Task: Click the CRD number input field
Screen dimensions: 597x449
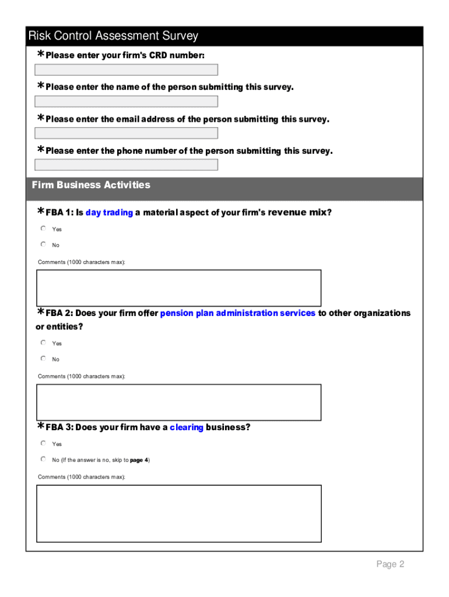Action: [x=126, y=70]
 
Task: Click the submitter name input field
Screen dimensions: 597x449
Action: [x=126, y=101]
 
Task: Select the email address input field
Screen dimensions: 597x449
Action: [x=126, y=133]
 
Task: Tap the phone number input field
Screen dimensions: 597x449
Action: [x=126, y=164]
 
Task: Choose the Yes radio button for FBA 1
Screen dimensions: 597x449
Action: [x=43, y=229]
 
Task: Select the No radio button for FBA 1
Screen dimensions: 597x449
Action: [x=43, y=244]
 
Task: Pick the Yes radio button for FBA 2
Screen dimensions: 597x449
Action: [x=43, y=343]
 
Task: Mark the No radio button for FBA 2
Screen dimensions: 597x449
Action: [x=43, y=359]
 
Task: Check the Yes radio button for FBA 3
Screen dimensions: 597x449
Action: [x=43, y=443]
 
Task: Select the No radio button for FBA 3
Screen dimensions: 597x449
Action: [x=43, y=459]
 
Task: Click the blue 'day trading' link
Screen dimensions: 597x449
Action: [x=109, y=213]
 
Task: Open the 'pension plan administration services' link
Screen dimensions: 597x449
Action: [x=237, y=314]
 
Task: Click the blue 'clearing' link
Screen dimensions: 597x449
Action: [x=187, y=427]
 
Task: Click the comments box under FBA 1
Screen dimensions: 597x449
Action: [x=178, y=287]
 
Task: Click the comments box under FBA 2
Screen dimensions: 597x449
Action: [x=178, y=402]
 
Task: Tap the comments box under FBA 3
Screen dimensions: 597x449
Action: [x=178, y=514]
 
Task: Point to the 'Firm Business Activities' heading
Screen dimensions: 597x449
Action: [x=91, y=185]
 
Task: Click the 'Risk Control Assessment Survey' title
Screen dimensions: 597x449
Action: [x=113, y=36]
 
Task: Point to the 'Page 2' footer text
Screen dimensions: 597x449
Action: [x=390, y=564]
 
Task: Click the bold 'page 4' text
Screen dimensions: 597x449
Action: [x=139, y=460]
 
